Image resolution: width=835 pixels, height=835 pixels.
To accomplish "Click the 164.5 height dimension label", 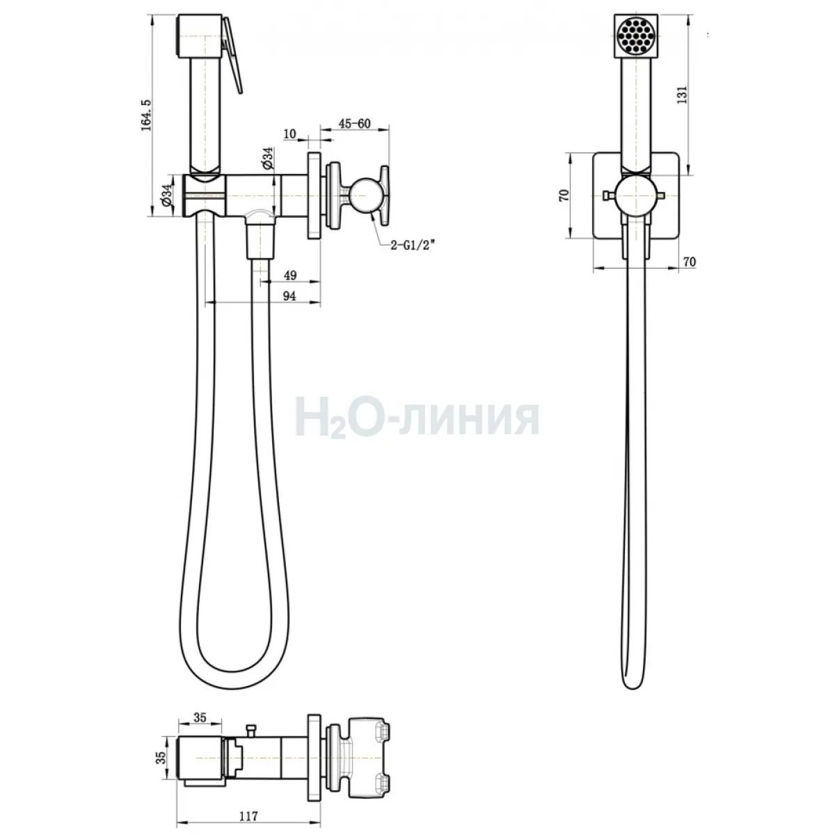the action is click(146, 114).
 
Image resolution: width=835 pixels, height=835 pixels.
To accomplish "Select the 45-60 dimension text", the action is click(354, 123).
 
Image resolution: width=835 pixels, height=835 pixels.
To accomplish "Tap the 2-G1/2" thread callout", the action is click(412, 246).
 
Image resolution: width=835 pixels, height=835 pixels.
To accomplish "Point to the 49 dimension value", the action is click(290, 275).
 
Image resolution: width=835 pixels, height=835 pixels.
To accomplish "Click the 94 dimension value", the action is click(289, 296).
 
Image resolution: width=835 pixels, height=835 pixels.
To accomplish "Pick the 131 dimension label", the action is click(682, 95).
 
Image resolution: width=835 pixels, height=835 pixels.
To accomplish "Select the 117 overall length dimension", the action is click(248, 816).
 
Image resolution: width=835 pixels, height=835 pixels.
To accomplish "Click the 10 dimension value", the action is click(290, 134).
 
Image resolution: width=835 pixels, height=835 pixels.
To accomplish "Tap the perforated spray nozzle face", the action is click(636, 35).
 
